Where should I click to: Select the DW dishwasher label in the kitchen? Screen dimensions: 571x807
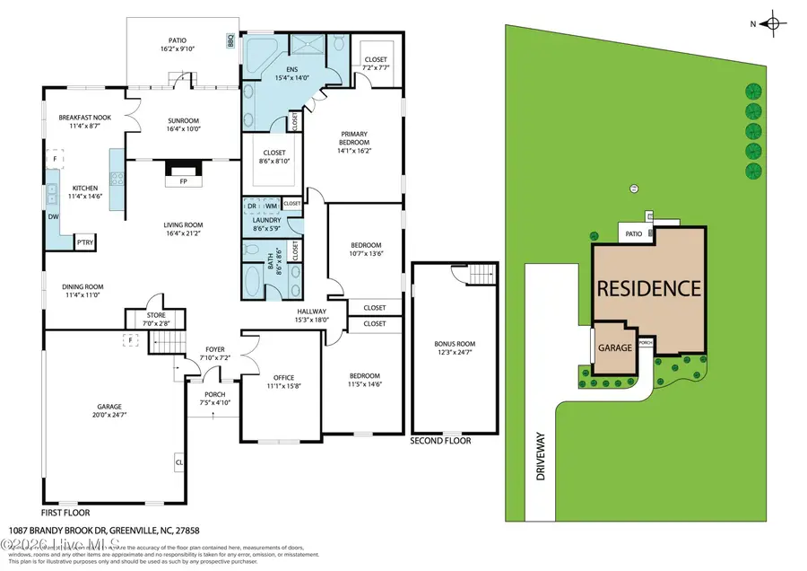52,216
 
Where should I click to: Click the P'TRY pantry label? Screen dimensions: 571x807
85,242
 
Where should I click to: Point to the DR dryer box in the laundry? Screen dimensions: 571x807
252,206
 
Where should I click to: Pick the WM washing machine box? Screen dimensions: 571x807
271,206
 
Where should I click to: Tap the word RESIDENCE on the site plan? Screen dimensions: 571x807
649,289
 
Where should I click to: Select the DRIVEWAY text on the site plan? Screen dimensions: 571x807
541,460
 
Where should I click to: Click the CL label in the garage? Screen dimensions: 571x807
179,463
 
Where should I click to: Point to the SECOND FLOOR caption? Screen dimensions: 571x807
440,441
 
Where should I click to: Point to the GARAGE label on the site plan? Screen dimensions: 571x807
616,347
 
